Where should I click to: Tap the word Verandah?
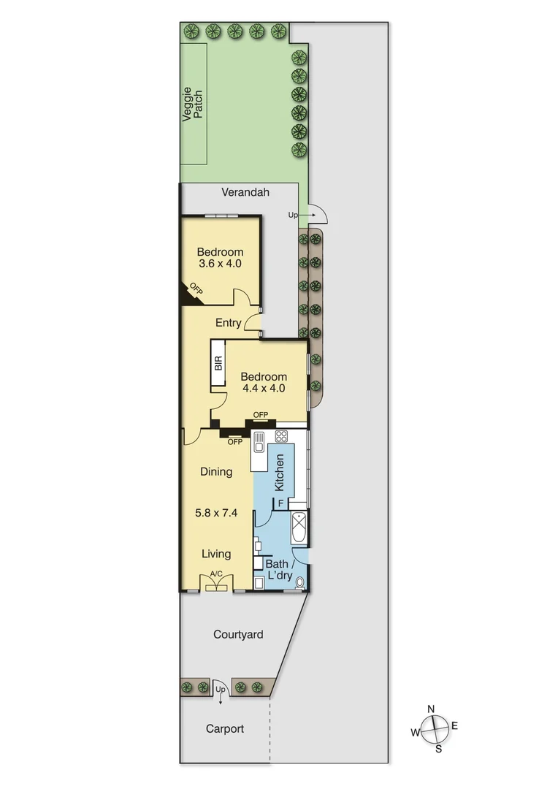click(245, 193)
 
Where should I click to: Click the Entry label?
click(228, 323)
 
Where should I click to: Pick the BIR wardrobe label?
click(218, 364)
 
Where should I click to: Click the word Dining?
click(216, 472)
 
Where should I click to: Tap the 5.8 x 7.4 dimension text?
click(216, 513)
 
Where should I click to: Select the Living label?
click(216, 554)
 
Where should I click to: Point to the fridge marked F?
click(279, 503)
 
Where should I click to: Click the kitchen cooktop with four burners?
click(281, 436)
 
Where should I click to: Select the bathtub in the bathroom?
click(299, 527)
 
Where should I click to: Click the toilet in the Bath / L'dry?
click(299, 583)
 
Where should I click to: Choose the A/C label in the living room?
click(216, 574)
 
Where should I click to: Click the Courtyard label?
click(238, 635)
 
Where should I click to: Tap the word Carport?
click(225, 729)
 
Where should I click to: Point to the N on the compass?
click(431, 709)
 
